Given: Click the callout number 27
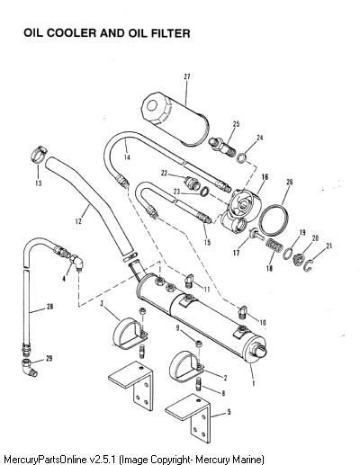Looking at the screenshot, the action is click(187, 76).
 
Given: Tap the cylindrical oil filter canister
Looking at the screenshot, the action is click(175, 119).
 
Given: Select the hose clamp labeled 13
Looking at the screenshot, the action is click(39, 154).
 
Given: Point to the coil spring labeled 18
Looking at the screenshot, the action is click(274, 246).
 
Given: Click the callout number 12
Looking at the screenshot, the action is click(78, 221).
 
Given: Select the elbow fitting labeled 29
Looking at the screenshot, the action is click(29, 367).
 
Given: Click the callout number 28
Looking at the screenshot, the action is click(49, 307).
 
